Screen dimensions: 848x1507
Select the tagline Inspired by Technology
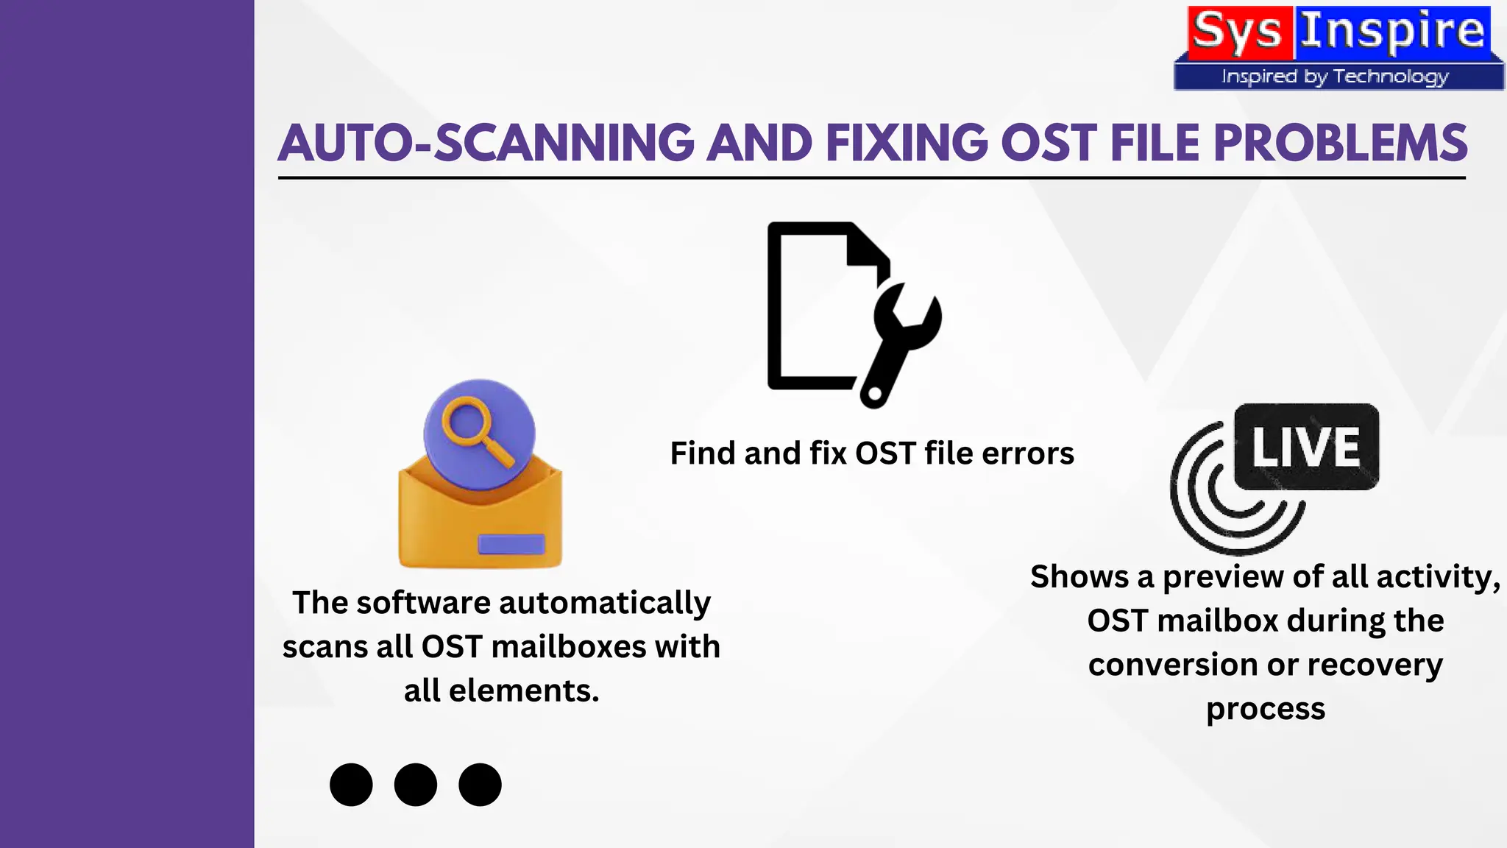click(1335, 77)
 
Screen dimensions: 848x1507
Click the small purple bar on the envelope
click(511, 544)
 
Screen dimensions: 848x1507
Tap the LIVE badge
click(1306, 447)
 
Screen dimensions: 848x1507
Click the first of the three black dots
click(351, 785)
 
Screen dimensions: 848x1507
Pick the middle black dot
click(416, 785)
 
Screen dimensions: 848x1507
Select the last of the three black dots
click(480, 785)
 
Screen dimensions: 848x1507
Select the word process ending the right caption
click(1266, 710)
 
